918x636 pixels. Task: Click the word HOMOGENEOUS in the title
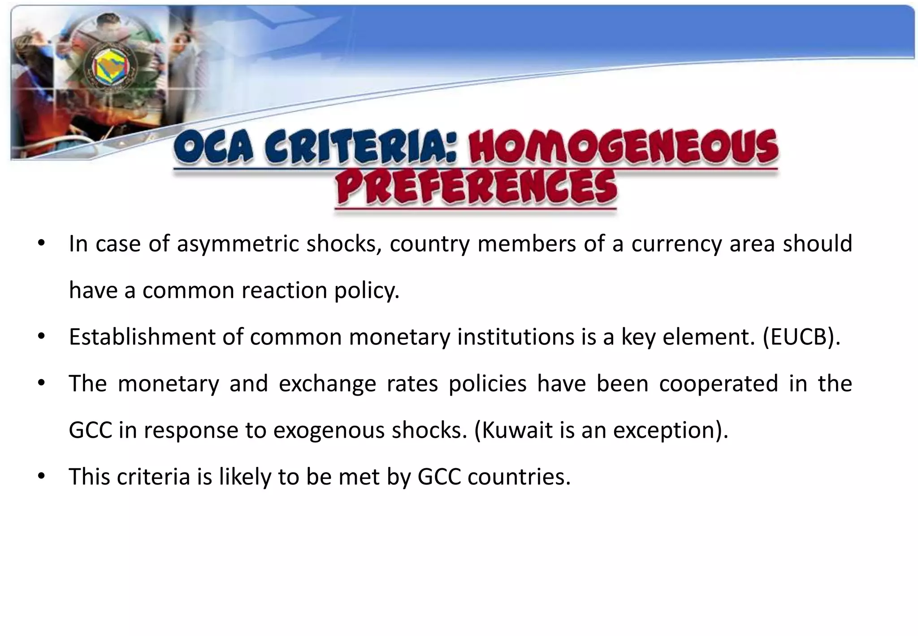click(623, 147)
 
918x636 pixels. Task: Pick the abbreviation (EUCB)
click(801, 337)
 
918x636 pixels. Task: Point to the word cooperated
click(718, 384)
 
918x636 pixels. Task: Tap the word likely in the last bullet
click(245, 477)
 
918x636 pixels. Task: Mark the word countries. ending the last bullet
click(519, 477)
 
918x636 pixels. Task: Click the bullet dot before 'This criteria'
click(41, 476)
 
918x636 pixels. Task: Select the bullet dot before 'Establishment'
click(41, 336)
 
